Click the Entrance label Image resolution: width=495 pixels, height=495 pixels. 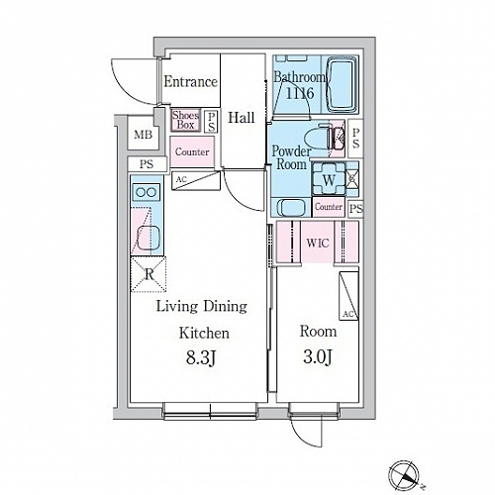point(191,81)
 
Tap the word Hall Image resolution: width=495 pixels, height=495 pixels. point(242,118)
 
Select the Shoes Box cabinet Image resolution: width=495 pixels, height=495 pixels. point(186,120)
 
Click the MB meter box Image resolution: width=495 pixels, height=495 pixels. point(143,135)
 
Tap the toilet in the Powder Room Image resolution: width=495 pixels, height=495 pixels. point(321,140)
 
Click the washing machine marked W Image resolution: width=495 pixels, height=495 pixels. point(329,179)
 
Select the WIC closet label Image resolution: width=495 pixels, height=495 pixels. point(318,244)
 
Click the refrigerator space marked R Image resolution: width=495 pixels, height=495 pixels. point(148,274)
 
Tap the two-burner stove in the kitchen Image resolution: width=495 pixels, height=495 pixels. point(147,192)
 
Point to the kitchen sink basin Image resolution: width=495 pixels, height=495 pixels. point(148,238)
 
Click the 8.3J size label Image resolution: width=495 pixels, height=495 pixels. point(201,358)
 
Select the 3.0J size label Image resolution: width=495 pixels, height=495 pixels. point(317,356)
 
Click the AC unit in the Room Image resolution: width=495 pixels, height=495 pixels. point(348,296)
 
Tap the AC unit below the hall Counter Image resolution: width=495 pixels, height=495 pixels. point(196,180)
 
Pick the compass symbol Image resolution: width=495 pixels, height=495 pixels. point(404,475)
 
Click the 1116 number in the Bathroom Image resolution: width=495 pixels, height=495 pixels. point(300,93)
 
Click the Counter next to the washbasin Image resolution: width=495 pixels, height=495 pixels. point(329,207)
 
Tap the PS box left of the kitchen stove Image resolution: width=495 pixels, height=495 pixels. point(147,164)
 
